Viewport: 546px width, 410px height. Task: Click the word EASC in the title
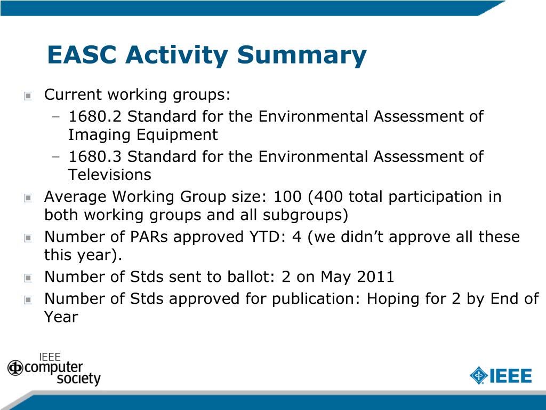click(82, 54)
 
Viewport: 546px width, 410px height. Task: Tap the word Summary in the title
click(302, 56)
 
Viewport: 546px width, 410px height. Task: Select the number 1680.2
click(95, 116)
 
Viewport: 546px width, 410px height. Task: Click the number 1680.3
click(95, 156)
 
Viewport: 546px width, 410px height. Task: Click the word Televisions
click(110, 175)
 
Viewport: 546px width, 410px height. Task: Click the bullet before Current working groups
click(28, 95)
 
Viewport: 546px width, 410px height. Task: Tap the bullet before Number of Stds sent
click(28, 278)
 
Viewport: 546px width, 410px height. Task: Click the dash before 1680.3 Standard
click(55, 156)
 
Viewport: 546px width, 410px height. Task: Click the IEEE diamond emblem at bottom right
click(478, 375)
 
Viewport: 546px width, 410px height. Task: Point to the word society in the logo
click(78, 379)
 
